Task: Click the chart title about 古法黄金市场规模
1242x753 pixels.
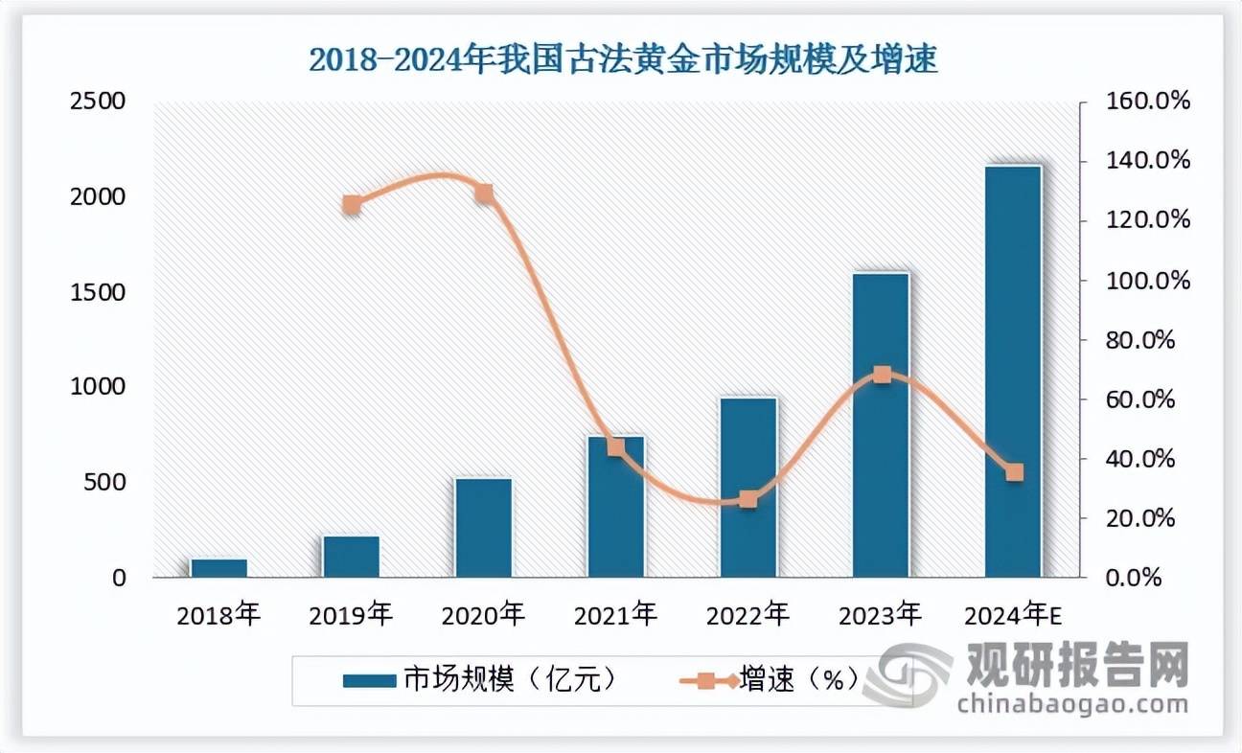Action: tap(622, 59)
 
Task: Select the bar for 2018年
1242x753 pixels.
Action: tap(218, 568)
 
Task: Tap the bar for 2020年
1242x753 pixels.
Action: tap(483, 528)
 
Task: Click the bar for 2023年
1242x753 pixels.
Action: tap(881, 425)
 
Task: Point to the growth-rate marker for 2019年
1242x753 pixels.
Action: tap(352, 204)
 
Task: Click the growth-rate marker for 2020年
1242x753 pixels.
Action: tap(484, 194)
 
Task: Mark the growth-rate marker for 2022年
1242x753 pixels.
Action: tap(748, 499)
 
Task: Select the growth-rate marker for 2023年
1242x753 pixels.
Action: tap(882, 375)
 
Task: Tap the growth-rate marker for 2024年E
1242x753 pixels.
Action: tap(1014, 472)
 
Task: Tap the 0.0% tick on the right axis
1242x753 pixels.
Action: tap(1144, 578)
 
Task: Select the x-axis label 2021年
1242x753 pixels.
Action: tap(615, 614)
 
